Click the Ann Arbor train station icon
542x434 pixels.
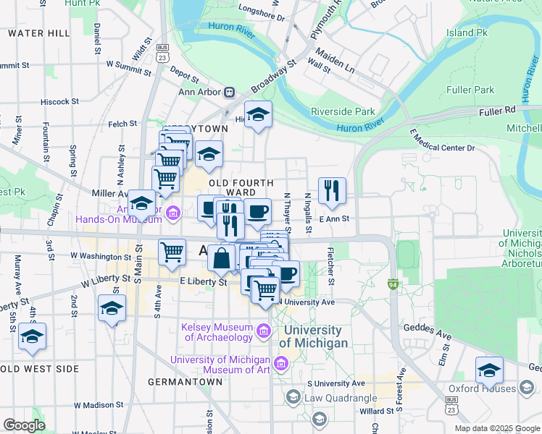point(230,92)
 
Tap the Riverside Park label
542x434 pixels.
point(343,111)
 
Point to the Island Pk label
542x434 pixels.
point(467,33)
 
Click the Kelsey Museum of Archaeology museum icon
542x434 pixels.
point(264,332)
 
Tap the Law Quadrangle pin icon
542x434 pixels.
point(293,397)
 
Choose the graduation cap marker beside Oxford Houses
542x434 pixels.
point(489,370)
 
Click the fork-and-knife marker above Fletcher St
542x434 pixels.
point(332,191)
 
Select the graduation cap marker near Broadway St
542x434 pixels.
point(257,115)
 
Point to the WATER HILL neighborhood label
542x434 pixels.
point(39,33)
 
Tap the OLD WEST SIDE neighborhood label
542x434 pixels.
point(39,369)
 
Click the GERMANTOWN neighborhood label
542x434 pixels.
point(185,381)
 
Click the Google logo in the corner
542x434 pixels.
point(24,425)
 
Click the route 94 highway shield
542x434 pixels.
point(393,285)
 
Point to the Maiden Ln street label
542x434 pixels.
point(334,60)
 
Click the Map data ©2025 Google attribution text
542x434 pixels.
point(496,428)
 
